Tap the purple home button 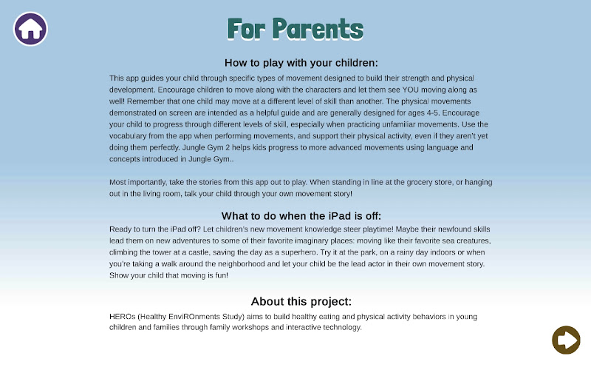coord(30,29)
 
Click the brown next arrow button coord(566,340)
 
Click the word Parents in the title coord(318,29)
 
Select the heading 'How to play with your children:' coord(301,63)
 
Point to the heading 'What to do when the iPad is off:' coord(301,216)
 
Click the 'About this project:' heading coord(301,301)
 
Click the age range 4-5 coord(434,113)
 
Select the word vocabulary coord(128,136)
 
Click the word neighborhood coord(242,264)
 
